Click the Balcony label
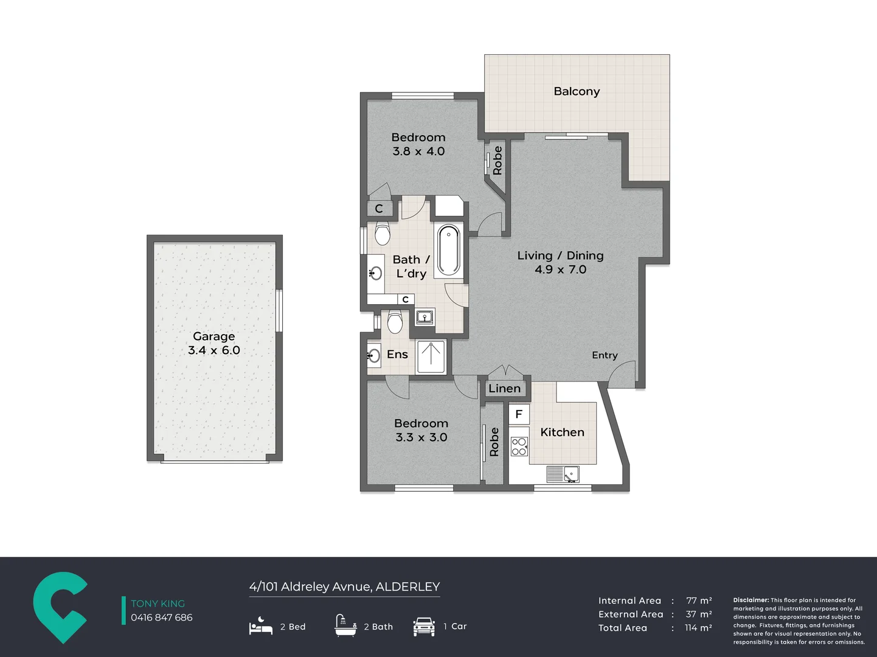pyautogui.click(x=577, y=91)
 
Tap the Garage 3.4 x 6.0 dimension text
pyautogui.click(x=214, y=350)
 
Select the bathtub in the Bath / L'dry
pyautogui.click(x=449, y=250)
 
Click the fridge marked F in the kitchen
pyautogui.click(x=519, y=414)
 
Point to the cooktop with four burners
pyautogui.click(x=519, y=447)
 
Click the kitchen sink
pyautogui.click(x=563, y=474)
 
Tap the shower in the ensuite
pyautogui.click(x=431, y=357)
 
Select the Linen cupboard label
pyautogui.click(x=504, y=389)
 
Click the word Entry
pyautogui.click(x=605, y=355)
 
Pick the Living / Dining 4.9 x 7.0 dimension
pyautogui.click(x=561, y=269)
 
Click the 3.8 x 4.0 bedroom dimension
pyautogui.click(x=418, y=151)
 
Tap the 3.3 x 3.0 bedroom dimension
pyautogui.click(x=421, y=437)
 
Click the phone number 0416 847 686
pyautogui.click(x=161, y=617)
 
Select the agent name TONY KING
pyautogui.click(x=158, y=603)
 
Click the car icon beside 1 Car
pyautogui.click(x=424, y=626)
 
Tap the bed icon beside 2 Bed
pyautogui.click(x=260, y=626)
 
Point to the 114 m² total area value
pyautogui.click(x=698, y=628)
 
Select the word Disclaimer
pyautogui.click(x=750, y=600)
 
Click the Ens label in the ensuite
pyautogui.click(x=397, y=355)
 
